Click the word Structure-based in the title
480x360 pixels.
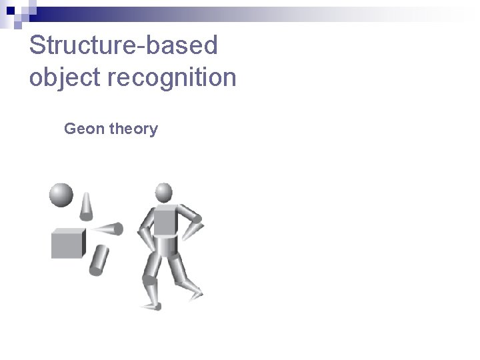pos(123,45)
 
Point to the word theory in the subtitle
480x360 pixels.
pos(133,129)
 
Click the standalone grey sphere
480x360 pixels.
pos(61,195)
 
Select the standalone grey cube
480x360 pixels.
pos(68,243)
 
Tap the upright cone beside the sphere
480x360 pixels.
pos(86,206)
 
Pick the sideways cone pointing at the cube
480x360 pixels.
pos(109,229)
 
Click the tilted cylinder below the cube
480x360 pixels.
pos(99,259)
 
